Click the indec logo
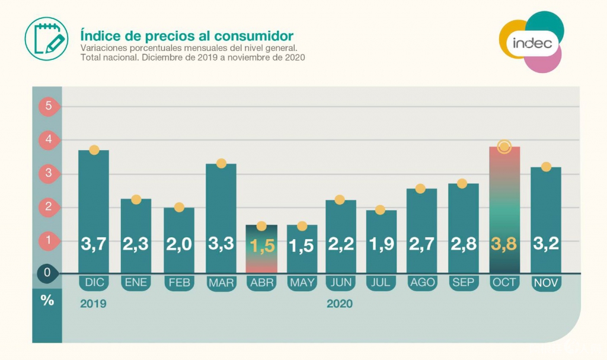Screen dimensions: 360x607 point(532,43)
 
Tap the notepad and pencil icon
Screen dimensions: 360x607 point(46,39)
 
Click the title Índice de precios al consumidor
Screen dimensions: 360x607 point(187,34)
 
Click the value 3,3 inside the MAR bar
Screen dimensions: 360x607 point(221,244)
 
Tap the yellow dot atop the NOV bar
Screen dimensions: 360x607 point(546,167)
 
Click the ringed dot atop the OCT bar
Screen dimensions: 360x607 point(504,146)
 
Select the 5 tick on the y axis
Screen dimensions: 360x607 point(47,107)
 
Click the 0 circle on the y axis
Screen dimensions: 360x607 point(47,273)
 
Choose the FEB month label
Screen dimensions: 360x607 point(179,283)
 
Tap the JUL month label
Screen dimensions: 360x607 point(381,283)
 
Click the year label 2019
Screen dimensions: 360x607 point(92,304)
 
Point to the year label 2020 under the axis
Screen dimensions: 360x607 point(339,304)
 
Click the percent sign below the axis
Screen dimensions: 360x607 point(47,300)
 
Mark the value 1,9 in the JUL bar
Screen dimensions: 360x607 point(381,244)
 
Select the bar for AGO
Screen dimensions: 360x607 point(422,231)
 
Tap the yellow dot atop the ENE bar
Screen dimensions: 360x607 point(136,199)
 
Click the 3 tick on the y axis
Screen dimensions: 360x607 point(47,174)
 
